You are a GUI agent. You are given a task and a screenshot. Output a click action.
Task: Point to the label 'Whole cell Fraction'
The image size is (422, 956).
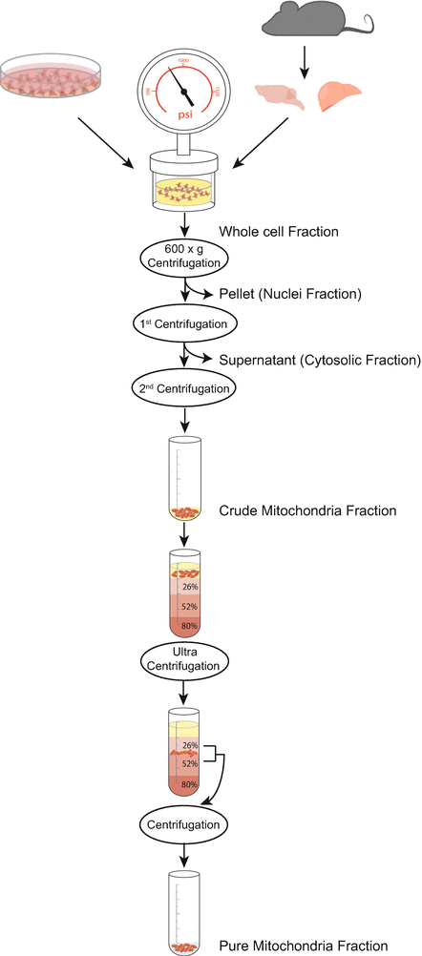coord(279,232)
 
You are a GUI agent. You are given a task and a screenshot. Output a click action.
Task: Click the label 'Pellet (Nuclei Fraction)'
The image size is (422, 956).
coord(288,294)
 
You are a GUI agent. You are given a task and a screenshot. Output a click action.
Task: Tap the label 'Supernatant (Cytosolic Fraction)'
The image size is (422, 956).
coord(319,360)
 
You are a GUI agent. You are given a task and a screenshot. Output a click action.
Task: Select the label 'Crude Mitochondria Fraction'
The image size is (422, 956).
coord(307,510)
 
